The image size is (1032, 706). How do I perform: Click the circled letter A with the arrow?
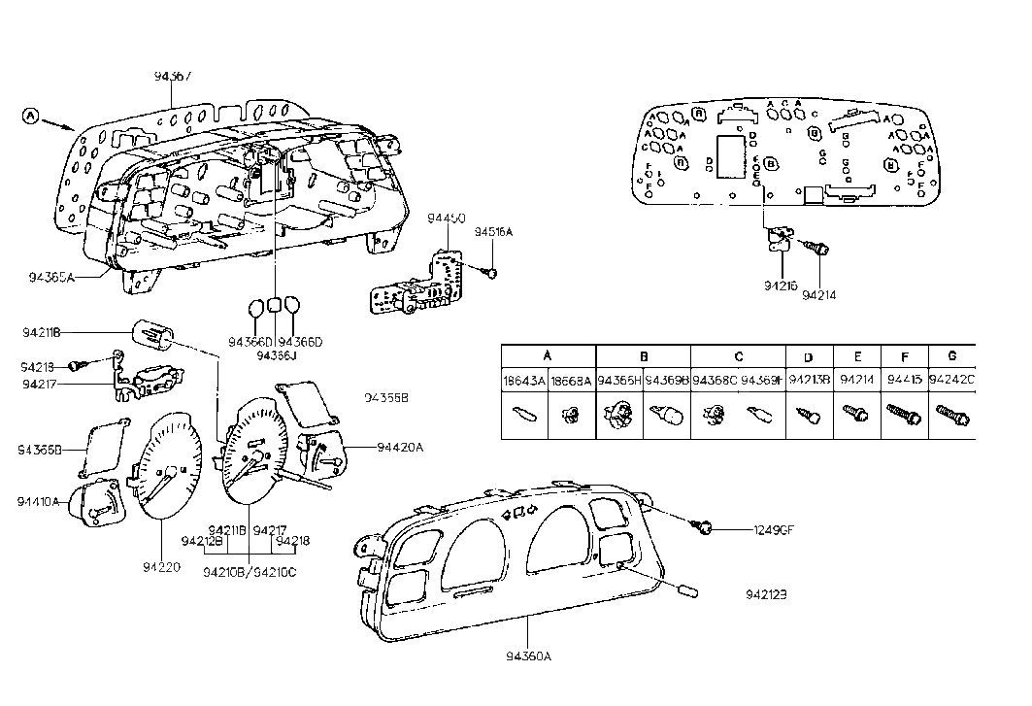pyautogui.click(x=31, y=117)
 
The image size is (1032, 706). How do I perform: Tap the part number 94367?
pyautogui.click(x=172, y=75)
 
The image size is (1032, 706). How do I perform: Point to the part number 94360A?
pyautogui.click(x=529, y=656)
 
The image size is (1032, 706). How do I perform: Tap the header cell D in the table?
pyautogui.click(x=808, y=357)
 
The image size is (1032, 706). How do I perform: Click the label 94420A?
pyautogui.click(x=401, y=448)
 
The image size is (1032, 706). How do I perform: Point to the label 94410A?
pyautogui.click(x=38, y=501)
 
